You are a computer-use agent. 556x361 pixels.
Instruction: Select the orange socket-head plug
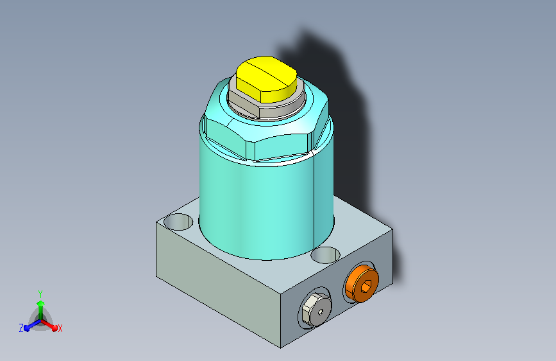[x=362, y=283]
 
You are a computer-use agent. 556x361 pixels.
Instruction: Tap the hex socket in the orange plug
[x=367, y=285]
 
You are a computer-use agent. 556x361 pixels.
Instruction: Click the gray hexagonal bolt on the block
[x=316, y=310]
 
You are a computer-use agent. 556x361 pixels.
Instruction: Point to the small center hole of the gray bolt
[x=321, y=312]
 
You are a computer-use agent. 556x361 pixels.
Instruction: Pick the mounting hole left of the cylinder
[x=178, y=222]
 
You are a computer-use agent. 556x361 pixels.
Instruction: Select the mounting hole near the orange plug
[x=326, y=255]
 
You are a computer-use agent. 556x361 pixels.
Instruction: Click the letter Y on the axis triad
[x=40, y=294]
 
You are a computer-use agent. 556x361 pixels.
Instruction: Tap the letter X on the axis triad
[x=60, y=328]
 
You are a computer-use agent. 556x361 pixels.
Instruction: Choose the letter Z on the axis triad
[x=21, y=328]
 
